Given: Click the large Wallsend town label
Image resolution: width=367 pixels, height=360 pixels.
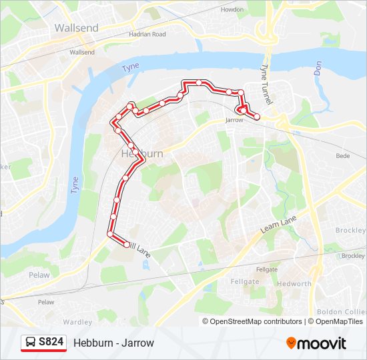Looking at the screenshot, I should [x=76, y=28].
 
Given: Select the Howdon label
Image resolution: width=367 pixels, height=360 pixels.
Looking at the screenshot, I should [x=232, y=10].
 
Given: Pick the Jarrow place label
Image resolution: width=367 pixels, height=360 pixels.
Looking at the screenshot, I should [x=234, y=121].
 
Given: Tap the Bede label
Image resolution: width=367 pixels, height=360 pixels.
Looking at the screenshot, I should [x=342, y=156].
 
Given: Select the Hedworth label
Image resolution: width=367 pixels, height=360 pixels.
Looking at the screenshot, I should [x=293, y=283].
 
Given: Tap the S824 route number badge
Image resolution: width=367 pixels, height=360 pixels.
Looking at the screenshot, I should [x=51, y=343].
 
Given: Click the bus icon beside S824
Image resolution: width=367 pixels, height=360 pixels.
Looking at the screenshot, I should [x=31, y=343].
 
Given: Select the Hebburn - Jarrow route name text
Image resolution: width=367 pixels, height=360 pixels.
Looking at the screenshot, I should [x=113, y=343].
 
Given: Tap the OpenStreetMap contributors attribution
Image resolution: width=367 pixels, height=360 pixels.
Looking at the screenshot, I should [x=253, y=321].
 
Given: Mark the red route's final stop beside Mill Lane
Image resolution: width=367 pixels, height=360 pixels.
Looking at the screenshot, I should [x=127, y=245].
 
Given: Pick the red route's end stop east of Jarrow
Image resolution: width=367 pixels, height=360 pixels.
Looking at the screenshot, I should [x=257, y=117].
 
